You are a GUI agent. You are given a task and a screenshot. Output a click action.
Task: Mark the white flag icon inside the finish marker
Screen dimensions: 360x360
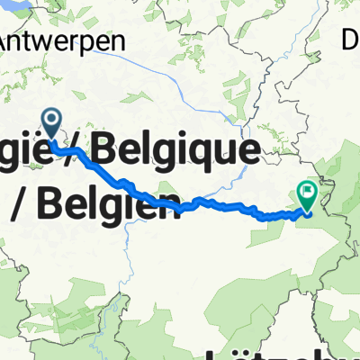308,190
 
